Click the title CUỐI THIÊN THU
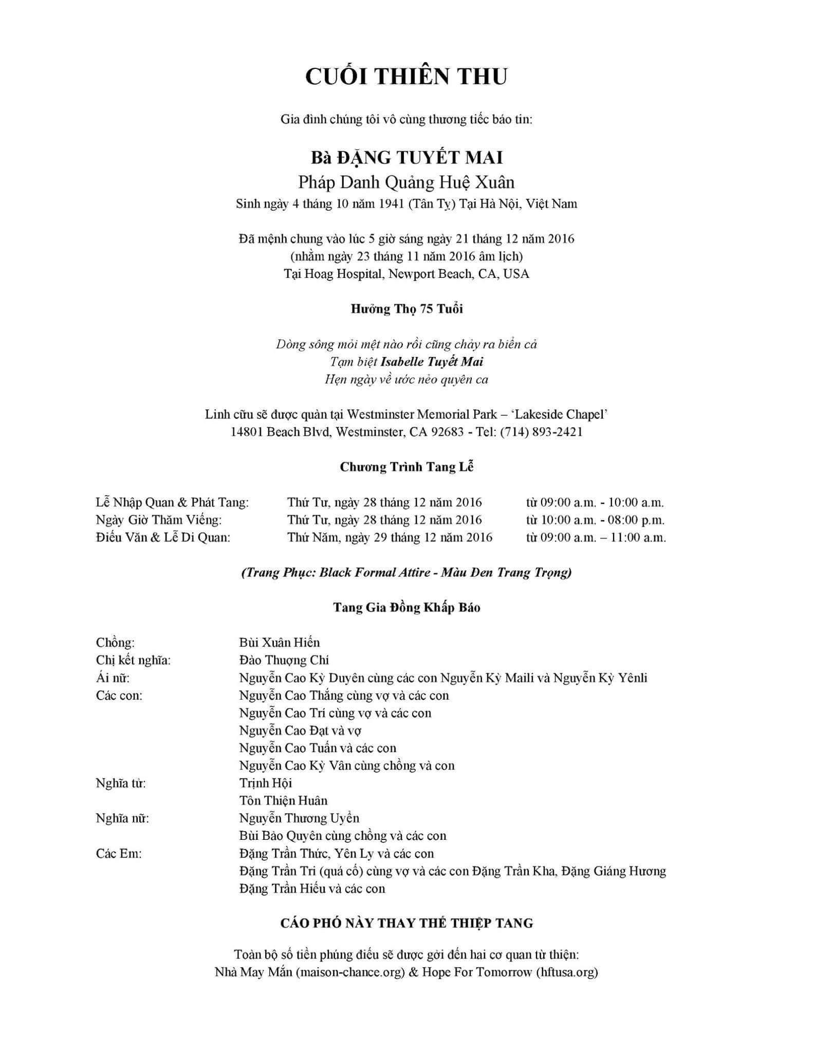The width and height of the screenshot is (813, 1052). tap(406, 76)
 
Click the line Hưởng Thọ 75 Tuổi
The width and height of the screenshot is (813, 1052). tap(406, 309)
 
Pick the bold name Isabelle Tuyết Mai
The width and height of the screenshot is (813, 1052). tap(432, 362)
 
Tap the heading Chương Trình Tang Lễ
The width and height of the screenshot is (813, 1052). tap(406, 467)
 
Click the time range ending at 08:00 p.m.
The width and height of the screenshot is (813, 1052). tap(595, 520)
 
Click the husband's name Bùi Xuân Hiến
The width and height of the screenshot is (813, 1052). tap(280, 643)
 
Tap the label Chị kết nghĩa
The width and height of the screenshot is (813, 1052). tap(133, 660)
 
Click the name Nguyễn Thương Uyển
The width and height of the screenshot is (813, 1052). tap(299, 818)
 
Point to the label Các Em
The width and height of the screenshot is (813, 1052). tap(118, 854)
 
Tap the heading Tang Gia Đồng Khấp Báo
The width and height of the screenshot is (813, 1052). tap(406, 607)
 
